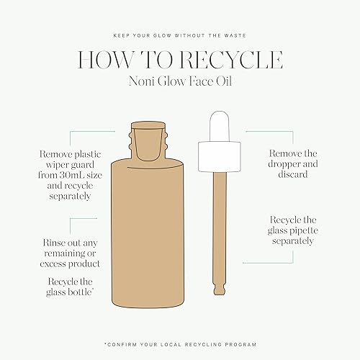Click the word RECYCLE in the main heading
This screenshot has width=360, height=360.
[x=231, y=60]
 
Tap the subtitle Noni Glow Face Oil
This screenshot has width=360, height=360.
[x=180, y=81]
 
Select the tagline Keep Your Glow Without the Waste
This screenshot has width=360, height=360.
[x=180, y=35]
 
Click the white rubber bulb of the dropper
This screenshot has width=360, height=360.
[x=220, y=126]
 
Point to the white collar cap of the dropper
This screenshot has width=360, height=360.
[x=220, y=156]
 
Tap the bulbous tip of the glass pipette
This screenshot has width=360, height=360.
[x=220, y=289]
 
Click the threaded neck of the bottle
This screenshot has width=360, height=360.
[x=148, y=143]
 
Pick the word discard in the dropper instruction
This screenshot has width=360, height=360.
[x=293, y=174]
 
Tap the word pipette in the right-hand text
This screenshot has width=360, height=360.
[x=304, y=231]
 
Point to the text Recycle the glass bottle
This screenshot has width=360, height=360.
[x=70, y=287]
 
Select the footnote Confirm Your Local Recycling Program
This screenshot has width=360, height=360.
[x=181, y=344]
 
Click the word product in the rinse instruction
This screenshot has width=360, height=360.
[x=84, y=264]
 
